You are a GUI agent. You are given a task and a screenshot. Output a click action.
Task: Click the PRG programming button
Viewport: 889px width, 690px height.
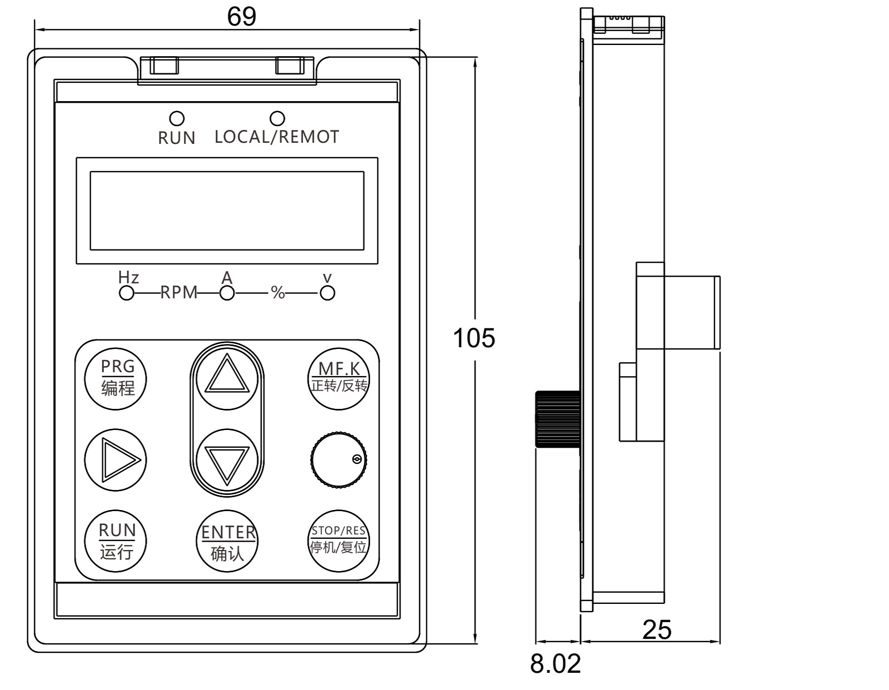(117, 378)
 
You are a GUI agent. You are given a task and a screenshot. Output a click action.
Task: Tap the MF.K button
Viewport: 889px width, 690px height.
(339, 378)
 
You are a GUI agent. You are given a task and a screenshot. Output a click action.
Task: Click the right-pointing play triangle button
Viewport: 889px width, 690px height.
(116, 459)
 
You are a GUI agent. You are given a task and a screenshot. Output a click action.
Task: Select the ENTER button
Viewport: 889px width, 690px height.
(228, 542)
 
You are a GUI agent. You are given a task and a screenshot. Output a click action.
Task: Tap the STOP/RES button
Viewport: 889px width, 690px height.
(339, 541)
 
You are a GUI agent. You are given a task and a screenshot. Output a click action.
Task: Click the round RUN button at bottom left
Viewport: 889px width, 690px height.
(117, 541)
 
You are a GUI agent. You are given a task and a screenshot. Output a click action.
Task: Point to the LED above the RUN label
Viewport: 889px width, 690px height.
(177, 119)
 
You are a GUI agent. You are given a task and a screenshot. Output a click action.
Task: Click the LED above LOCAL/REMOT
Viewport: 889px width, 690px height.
(277, 119)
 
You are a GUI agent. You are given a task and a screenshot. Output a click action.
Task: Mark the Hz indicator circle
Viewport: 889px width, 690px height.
(127, 293)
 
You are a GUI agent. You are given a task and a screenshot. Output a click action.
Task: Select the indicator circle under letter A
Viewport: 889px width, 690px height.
(227, 293)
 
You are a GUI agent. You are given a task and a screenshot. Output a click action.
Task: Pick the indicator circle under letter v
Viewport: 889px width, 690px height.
(327, 293)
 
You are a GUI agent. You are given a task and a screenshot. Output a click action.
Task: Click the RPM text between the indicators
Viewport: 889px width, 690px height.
(179, 293)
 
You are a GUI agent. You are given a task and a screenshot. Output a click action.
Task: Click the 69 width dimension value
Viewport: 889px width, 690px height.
(242, 17)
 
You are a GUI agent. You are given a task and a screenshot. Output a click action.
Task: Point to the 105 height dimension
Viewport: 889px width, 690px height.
(474, 338)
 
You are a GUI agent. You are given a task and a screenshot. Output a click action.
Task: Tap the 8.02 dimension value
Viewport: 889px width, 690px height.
(555, 663)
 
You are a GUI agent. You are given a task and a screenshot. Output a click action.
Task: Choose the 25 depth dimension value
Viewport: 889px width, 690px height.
(657, 630)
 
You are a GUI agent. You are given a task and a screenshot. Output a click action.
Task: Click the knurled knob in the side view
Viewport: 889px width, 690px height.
(557, 419)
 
